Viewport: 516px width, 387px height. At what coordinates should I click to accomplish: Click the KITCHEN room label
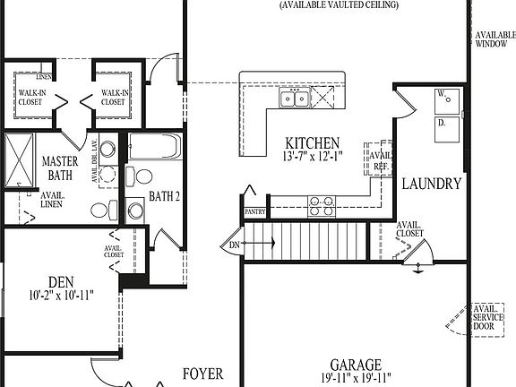pos(312,142)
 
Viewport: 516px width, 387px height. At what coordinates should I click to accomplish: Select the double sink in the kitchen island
pos(294,99)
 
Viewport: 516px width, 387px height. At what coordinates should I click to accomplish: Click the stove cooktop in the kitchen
pos(322,206)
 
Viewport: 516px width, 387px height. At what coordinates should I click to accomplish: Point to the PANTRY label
pos(255,212)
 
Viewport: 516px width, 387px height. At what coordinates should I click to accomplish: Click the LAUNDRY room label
pos(431,185)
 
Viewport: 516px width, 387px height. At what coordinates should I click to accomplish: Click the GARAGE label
pos(356,365)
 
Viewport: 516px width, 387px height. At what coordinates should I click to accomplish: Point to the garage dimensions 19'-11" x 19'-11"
pos(356,380)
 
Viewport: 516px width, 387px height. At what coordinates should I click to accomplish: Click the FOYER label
pos(202,374)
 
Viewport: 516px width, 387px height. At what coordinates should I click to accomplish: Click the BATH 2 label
pos(166,195)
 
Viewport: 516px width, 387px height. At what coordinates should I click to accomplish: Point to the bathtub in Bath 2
pos(154,146)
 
